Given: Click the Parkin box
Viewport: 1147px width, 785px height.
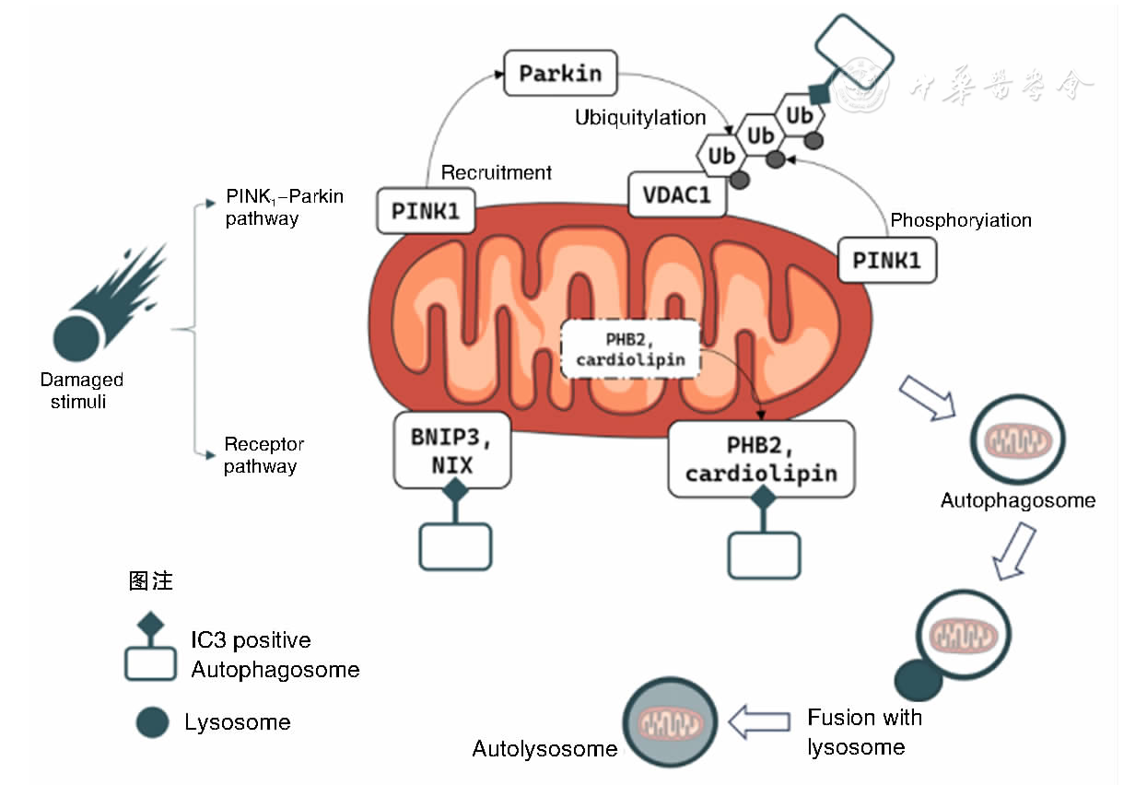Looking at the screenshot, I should point(560,73).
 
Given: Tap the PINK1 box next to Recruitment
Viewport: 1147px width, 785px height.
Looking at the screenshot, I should point(426,210).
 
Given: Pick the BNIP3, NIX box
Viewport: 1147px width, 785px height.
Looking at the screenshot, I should point(452,451).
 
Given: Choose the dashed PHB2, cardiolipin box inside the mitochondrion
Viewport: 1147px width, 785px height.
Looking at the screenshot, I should point(631,349).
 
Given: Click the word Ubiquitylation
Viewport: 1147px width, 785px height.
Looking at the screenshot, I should point(640,118).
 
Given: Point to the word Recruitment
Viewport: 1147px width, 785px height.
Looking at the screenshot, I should point(497,172).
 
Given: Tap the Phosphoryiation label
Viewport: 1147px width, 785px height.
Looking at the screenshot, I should point(961,220).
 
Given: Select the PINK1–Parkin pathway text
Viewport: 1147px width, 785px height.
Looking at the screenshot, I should point(284,208).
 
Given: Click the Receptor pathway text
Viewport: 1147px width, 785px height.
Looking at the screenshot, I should point(263,455).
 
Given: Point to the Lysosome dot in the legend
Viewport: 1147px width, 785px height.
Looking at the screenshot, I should point(152,721).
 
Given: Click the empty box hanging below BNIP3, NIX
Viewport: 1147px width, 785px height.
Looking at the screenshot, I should point(456,546).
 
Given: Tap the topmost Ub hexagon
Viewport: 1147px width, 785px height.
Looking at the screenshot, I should point(800,115).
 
